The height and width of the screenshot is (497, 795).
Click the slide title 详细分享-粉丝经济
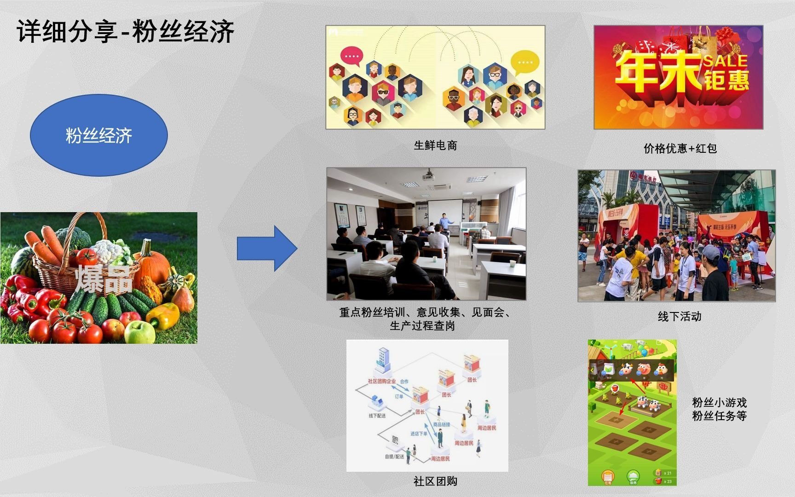(x=126, y=32)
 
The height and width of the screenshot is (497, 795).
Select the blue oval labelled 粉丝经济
(x=99, y=135)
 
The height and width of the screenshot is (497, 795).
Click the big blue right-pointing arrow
(x=267, y=248)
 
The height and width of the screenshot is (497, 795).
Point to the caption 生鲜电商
(x=435, y=145)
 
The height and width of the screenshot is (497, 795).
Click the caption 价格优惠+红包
(x=680, y=148)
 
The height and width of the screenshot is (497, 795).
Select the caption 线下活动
(x=680, y=316)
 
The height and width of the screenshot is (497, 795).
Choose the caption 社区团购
(x=435, y=481)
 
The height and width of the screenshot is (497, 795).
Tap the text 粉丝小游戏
(x=719, y=403)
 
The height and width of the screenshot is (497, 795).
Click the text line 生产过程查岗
(x=422, y=326)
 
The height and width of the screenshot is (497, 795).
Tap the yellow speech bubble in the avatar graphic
(x=525, y=63)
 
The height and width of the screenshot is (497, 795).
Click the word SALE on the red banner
(x=725, y=61)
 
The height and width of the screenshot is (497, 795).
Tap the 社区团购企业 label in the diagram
(x=381, y=381)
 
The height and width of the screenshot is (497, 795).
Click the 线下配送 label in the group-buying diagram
(x=377, y=416)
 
